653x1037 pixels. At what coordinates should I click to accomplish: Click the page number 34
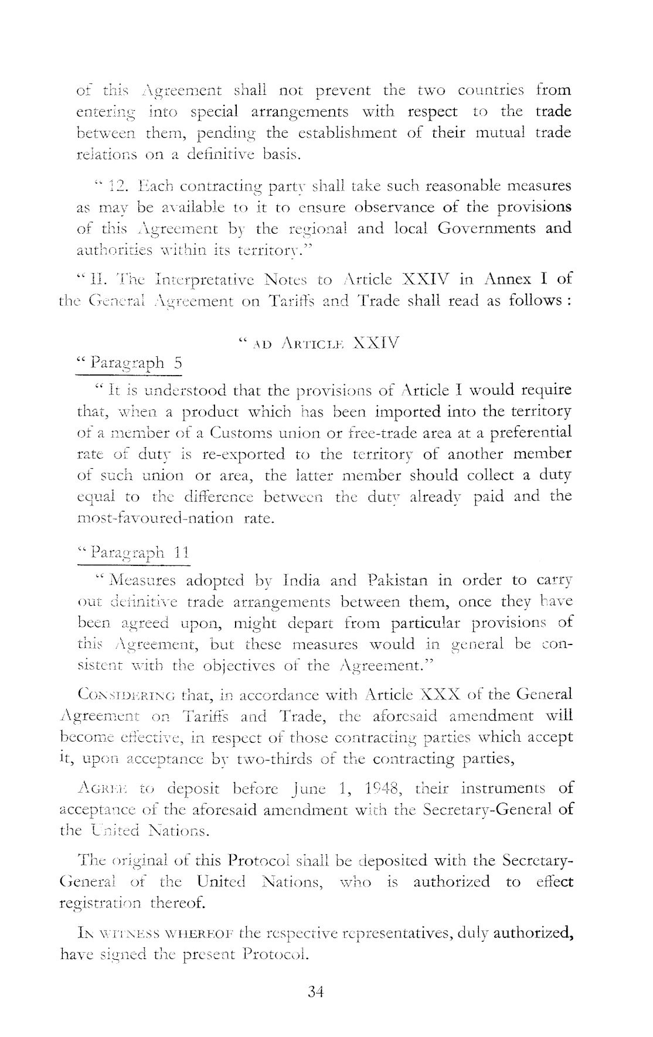coord(316,992)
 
